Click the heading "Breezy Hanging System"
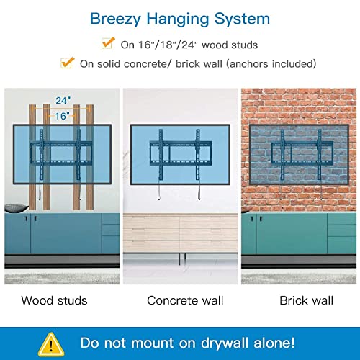(179, 17)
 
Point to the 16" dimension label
(62, 115)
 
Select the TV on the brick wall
(299, 153)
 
